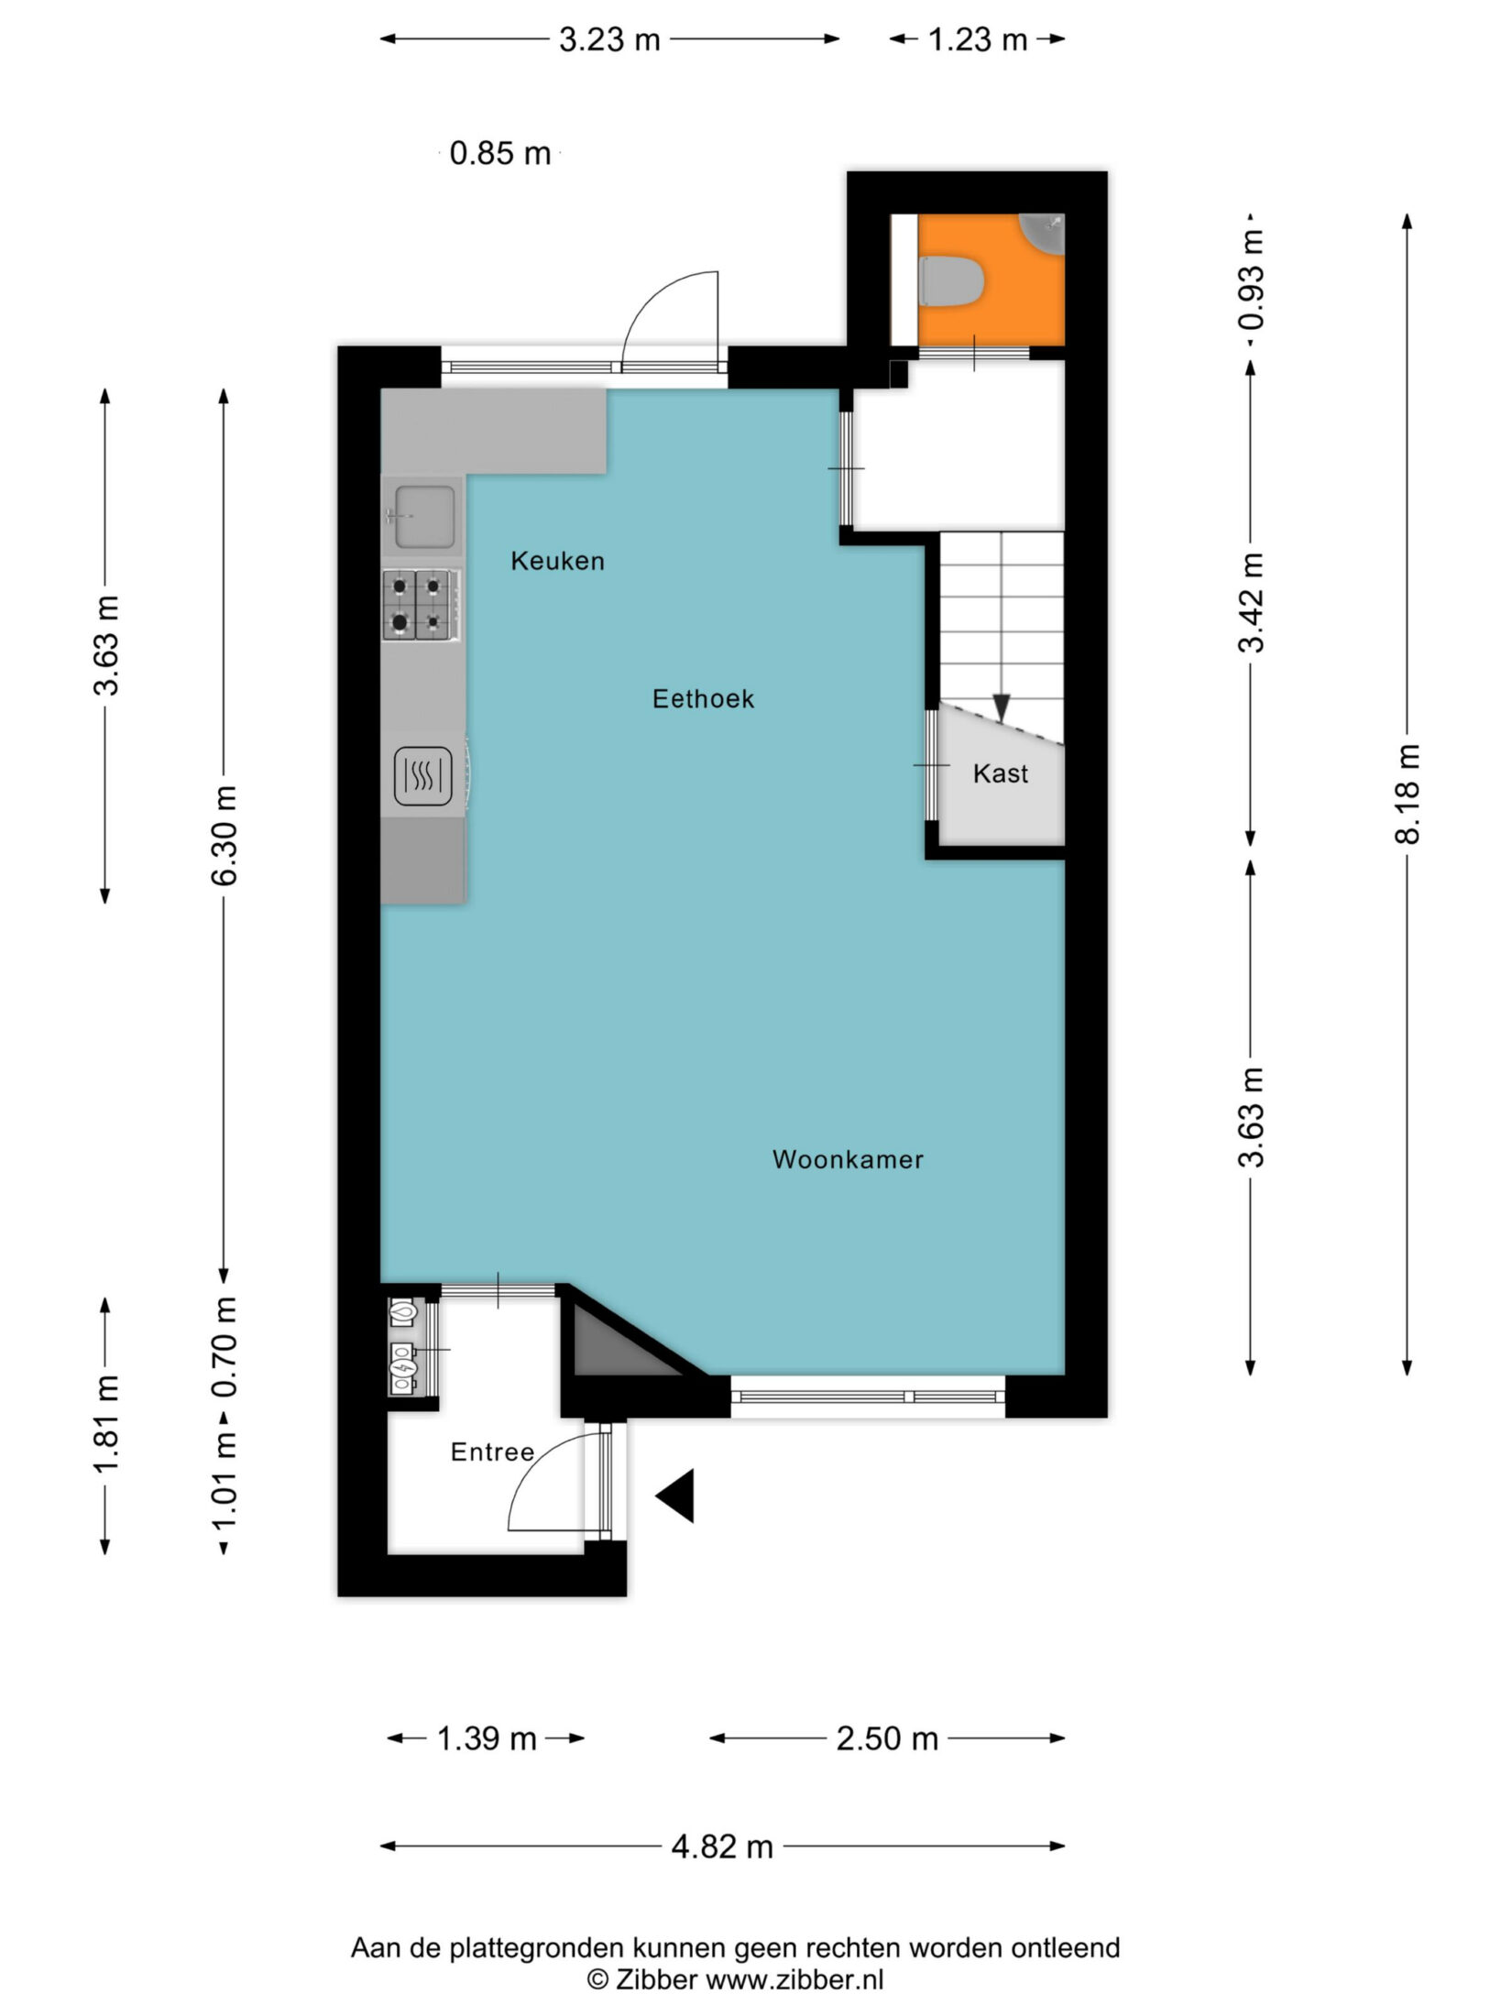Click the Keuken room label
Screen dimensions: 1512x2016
click(557, 561)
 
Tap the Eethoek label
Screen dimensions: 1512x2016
click(703, 699)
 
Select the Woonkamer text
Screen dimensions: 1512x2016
click(848, 1159)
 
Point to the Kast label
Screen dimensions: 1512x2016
click(1001, 773)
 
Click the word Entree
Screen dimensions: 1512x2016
click(492, 1452)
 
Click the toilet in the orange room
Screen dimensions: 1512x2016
click(950, 280)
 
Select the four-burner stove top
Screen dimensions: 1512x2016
click(422, 605)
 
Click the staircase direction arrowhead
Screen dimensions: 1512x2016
click(1001, 707)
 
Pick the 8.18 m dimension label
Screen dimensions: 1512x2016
click(1408, 794)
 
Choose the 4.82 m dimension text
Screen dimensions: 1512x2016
click(722, 1847)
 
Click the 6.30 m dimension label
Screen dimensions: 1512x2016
click(225, 835)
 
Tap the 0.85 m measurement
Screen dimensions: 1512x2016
click(500, 153)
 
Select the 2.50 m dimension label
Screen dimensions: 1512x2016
click(887, 1738)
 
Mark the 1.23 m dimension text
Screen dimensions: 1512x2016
click(978, 39)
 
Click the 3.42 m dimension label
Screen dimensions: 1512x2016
click(1251, 602)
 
